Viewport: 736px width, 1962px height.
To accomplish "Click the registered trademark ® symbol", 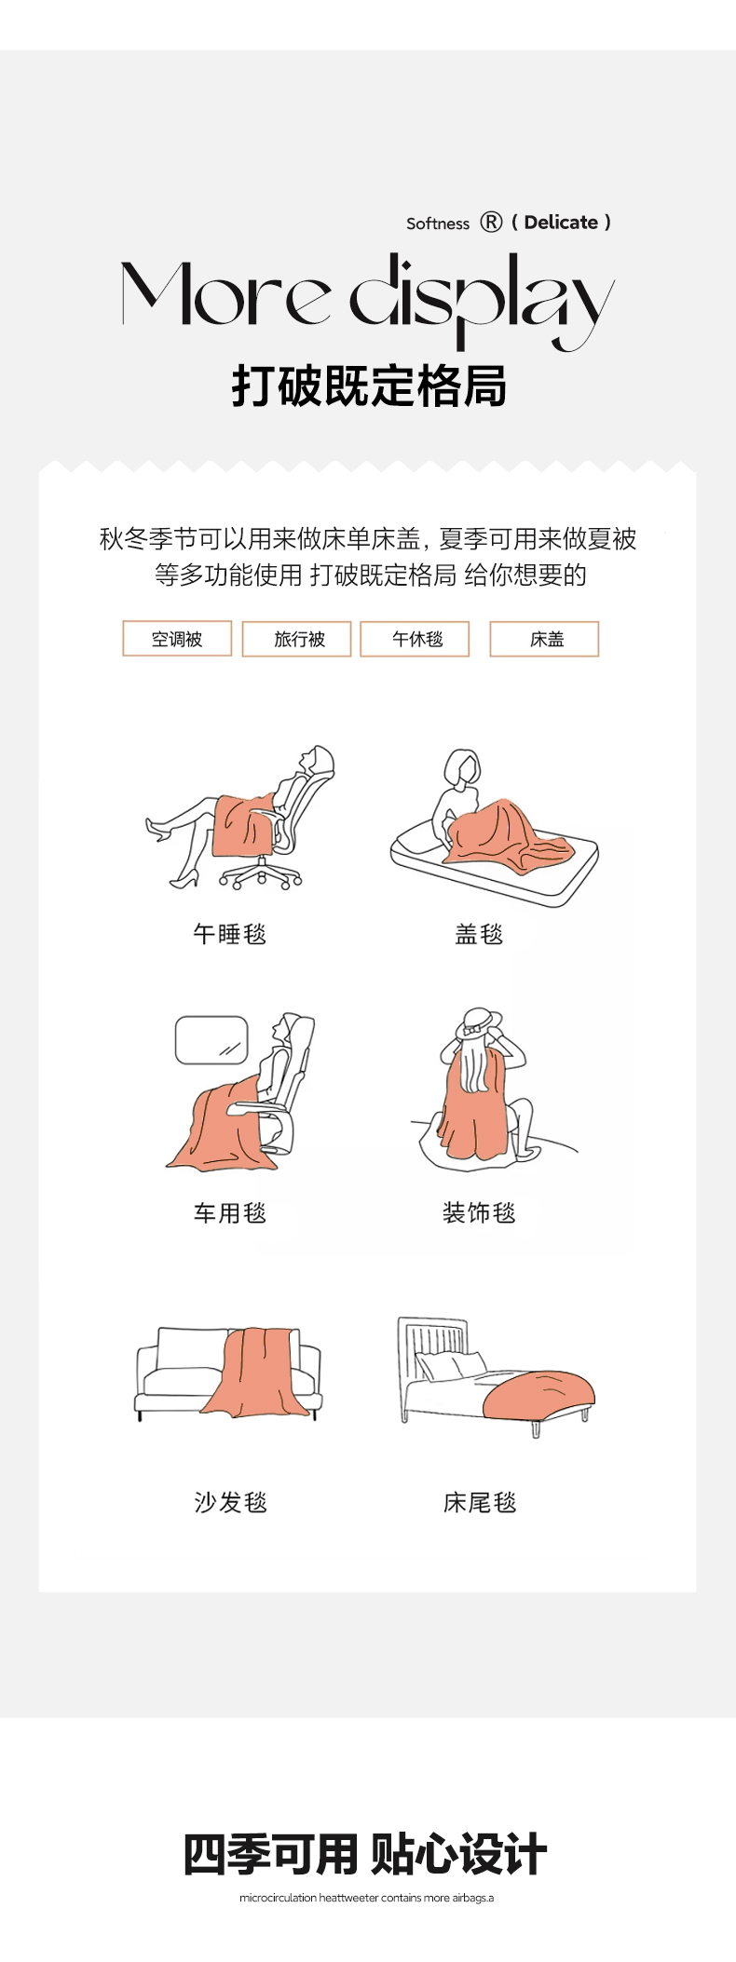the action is [491, 222].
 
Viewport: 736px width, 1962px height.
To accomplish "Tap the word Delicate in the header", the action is [561, 223].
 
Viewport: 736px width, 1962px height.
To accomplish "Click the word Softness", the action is [438, 223].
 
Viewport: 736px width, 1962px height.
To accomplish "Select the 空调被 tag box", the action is [177, 639].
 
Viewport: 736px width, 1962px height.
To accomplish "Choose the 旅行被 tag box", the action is [297, 639].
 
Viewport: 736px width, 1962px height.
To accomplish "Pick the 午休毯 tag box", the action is [415, 639].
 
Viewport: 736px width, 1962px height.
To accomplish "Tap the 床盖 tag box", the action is [544, 639].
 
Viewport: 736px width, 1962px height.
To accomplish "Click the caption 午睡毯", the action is [230, 934].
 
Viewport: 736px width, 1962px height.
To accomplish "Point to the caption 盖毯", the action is [479, 934].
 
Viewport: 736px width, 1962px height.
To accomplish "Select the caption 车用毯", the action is [230, 1213].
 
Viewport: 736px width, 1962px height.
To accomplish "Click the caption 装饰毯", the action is [479, 1213].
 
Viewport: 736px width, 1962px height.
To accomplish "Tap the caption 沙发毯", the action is [230, 1502].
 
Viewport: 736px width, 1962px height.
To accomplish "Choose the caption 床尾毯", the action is [480, 1502].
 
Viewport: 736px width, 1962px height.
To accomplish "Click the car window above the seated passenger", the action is [211, 1040].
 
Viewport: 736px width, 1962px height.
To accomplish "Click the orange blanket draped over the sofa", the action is [254, 1372].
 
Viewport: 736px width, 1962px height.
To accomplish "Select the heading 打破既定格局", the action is [369, 386].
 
